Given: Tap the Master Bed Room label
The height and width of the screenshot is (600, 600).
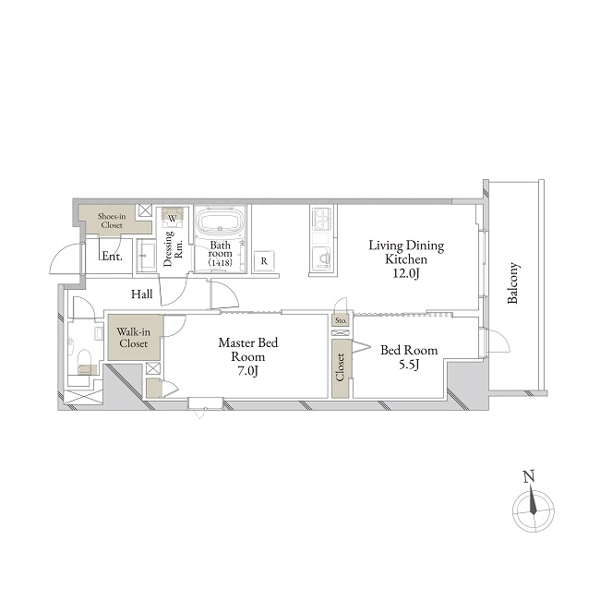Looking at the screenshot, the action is point(248,356).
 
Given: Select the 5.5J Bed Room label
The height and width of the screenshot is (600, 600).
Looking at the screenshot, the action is point(409,357).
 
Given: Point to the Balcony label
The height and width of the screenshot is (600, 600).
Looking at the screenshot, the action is point(512,282).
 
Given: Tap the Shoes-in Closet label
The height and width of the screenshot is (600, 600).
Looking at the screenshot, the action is point(112,221).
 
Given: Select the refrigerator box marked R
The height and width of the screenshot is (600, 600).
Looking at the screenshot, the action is point(264,261).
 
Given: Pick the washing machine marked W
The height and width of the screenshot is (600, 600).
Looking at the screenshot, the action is point(173,216).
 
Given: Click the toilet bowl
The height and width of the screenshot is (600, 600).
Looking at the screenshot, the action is point(84,359).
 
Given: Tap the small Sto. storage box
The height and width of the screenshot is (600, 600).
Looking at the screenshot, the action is point(341,320).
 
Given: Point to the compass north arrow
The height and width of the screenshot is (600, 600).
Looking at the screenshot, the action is point(533,499).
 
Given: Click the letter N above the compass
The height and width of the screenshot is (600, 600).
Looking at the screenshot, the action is point(528,477).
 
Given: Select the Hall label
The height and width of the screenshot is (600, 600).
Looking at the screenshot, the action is point(141,294).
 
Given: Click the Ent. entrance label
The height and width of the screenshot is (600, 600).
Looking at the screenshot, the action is point(112,256).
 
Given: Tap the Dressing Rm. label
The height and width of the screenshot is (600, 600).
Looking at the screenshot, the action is point(174,248).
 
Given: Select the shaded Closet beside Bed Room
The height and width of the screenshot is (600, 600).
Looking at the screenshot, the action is point(341,367).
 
